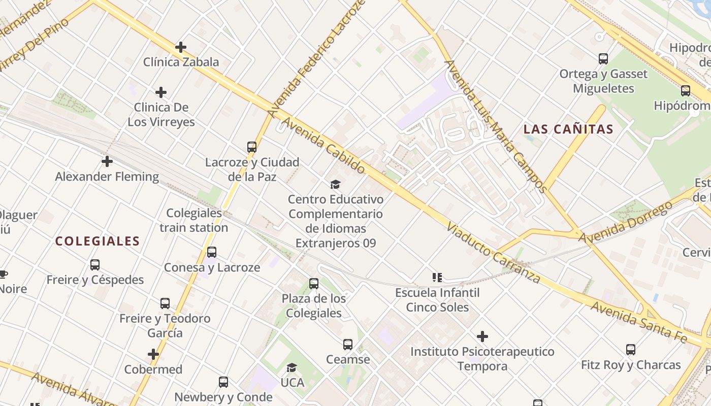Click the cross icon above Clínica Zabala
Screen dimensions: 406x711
(180, 47)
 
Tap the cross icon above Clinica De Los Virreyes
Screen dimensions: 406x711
(161, 92)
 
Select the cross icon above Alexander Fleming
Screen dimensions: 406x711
(107, 161)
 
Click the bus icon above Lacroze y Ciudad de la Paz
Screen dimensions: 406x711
(252, 147)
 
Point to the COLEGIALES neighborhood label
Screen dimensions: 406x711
(97, 241)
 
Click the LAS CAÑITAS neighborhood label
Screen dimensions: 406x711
(568, 129)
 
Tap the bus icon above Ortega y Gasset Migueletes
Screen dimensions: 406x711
(603, 59)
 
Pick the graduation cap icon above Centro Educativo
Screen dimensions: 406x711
(335, 184)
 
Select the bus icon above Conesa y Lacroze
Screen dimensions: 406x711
(212, 252)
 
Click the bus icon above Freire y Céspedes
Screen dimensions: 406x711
(95, 264)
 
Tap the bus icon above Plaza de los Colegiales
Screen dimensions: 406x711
(314, 284)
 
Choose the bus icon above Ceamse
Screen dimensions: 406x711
(348, 345)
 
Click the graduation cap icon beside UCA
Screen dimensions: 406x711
(292, 367)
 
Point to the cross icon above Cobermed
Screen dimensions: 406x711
(153, 354)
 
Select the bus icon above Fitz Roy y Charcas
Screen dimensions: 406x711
(630, 350)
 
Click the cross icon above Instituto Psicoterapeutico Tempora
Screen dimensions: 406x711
(482, 336)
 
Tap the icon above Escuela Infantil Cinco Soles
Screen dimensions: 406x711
(437, 278)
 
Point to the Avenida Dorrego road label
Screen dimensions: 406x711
(626, 222)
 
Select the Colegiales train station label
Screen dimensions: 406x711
(194, 220)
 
